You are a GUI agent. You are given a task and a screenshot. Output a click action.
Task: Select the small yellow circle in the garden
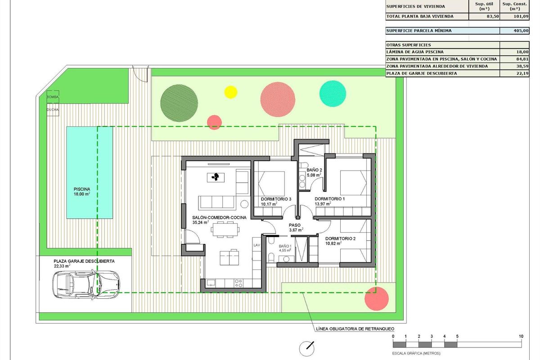click(230, 92)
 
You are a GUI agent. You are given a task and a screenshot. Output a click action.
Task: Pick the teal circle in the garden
click(333, 93)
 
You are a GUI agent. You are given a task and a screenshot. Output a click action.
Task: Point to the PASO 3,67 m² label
click(295, 227)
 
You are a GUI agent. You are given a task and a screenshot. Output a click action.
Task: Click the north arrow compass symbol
click(308, 347)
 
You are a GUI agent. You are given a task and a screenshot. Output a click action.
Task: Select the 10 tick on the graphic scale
click(521, 336)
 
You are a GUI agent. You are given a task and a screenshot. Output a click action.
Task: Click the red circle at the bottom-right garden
click(376, 298)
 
